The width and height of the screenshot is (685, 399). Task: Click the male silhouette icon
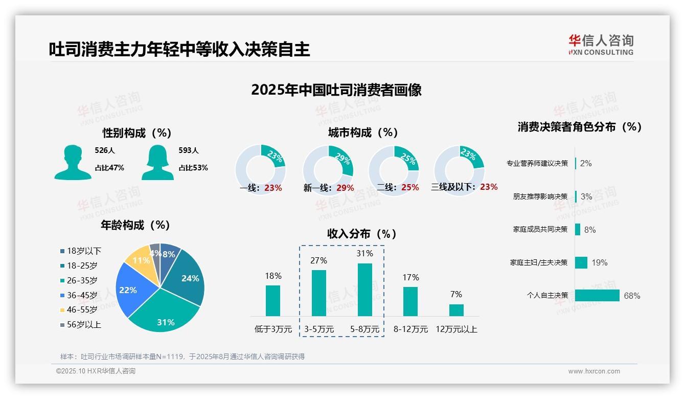point(73,162)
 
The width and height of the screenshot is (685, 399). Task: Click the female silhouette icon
point(157,162)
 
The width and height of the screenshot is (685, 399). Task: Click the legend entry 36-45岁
point(79,295)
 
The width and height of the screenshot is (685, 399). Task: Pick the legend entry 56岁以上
point(81,324)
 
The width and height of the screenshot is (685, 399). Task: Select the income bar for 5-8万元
point(365,290)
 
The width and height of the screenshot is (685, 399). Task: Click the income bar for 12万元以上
point(456,310)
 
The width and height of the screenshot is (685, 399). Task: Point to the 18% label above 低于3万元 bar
point(273,276)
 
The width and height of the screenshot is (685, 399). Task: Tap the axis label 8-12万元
point(410,329)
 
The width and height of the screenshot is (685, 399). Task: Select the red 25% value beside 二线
point(410,188)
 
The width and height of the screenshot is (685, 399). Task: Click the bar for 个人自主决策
point(597,295)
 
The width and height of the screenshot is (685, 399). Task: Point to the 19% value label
point(600,262)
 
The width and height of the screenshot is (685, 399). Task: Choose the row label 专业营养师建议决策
point(537,163)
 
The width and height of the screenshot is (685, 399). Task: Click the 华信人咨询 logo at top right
point(601,45)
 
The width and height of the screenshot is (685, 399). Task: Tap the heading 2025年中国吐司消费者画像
point(336,90)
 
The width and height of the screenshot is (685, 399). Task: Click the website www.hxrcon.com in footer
point(594,371)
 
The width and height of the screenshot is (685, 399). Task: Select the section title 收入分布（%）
point(362,234)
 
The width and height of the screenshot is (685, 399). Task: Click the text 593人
point(189,150)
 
